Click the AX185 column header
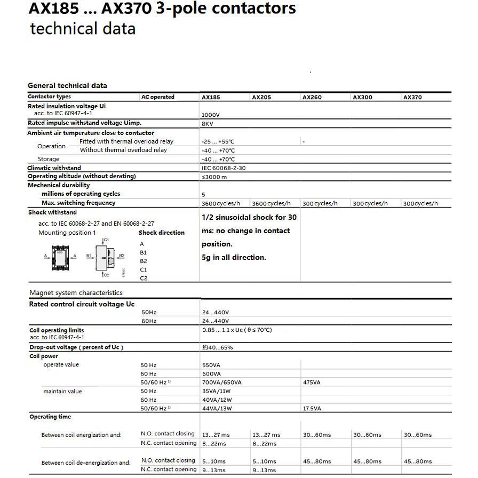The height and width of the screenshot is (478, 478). tap(211, 98)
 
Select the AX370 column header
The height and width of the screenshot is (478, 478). tap(412, 98)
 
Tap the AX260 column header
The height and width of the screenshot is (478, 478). tap(312, 98)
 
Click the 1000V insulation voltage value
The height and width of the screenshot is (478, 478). tap(211, 115)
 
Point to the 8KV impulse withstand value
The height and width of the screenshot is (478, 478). tap(208, 124)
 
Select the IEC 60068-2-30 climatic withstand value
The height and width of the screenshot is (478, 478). tap(224, 168)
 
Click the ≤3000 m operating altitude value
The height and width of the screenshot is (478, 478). tap(214, 177)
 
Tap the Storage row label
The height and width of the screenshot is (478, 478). tap(49, 159)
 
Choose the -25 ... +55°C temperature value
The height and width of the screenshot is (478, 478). tap(218, 142)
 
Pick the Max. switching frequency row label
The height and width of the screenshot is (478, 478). tap(78, 203)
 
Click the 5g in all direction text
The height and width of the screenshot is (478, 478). tap(234, 257)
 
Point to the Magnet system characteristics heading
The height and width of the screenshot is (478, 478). tap(76, 293)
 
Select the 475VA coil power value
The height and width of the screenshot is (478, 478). tap(312, 383)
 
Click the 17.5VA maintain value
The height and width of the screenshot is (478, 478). tap(312, 409)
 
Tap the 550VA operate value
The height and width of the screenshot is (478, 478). tap(211, 365)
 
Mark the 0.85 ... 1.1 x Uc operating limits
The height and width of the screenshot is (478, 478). tap(237, 330)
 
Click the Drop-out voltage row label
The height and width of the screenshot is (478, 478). tap(76, 347)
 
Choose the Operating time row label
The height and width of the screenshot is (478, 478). tap(50, 417)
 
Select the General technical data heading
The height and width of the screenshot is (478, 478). tap(67, 85)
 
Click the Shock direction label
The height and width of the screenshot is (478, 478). tap(162, 233)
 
